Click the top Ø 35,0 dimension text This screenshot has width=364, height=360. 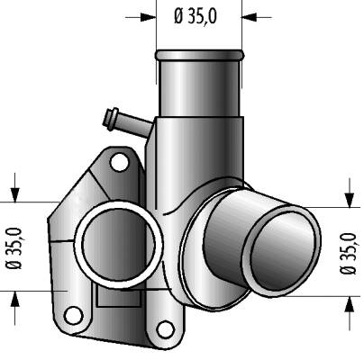(196, 16)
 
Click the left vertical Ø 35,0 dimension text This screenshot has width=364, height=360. (14, 248)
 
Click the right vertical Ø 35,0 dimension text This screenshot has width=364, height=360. (349, 253)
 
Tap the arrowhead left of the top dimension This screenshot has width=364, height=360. (149, 17)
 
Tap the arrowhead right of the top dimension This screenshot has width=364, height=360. (250, 17)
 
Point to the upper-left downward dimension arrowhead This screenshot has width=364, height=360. (14, 194)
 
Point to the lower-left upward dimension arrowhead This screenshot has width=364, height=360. (14, 299)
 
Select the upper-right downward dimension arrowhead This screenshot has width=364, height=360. (349, 200)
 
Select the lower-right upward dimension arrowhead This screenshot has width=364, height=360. (349, 303)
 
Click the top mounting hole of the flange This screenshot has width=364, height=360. (119, 162)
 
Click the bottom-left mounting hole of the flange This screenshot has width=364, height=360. (73, 316)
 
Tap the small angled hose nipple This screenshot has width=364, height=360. (127, 122)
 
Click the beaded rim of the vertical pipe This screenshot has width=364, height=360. (200, 55)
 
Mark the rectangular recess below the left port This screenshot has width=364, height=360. (119, 295)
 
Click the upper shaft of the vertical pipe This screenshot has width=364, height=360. (199, 87)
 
